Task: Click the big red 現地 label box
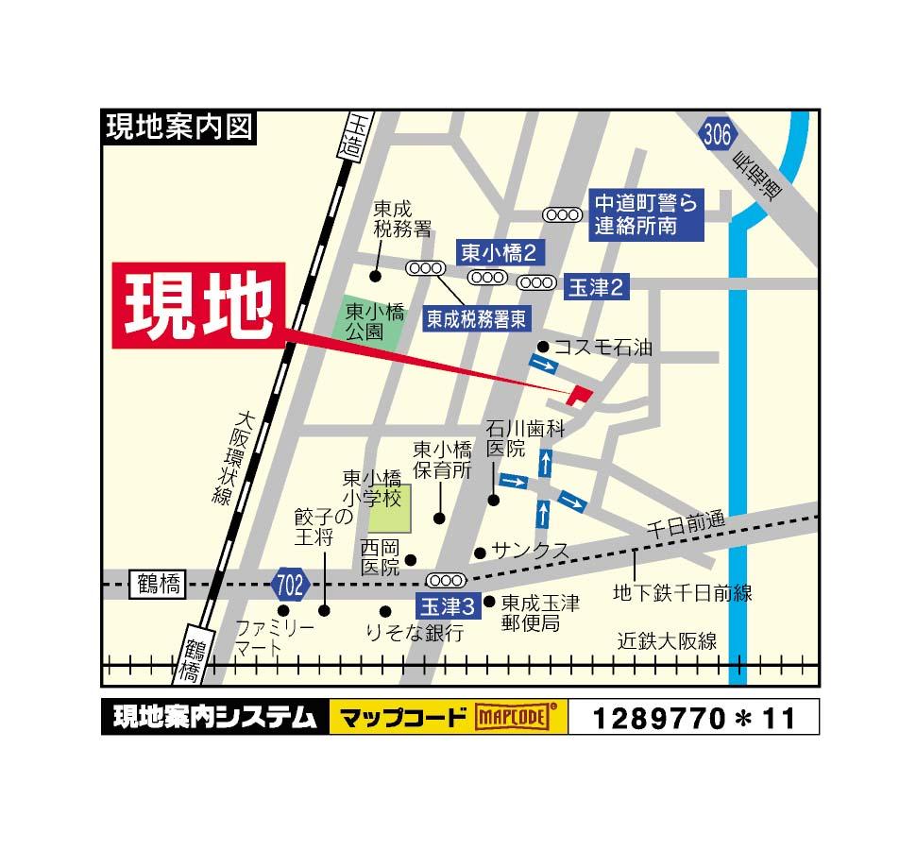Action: pyautogui.click(x=199, y=306)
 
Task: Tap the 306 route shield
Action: pyautogui.click(x=717, y=135)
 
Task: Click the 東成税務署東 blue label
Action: pyautogui.click(x=476, y=318)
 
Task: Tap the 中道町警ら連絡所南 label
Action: pyautogui.click(x=648, y=214)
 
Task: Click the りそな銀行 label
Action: pyautogui.click(x=416, y=633)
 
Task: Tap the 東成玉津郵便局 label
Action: pyautogui.click(x=539, y=612)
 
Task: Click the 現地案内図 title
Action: pyautogui.click(x=178, y=127)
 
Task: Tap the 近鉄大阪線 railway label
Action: pyautogui.click(x=667, y=641)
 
